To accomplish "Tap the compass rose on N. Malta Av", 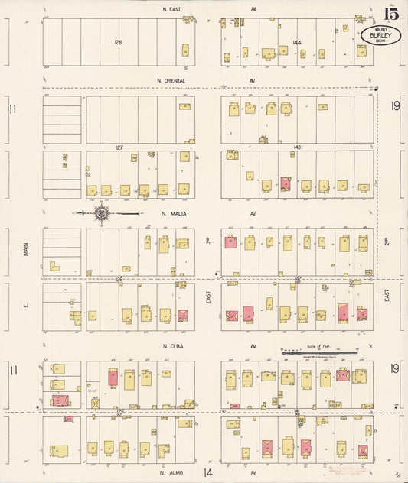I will coord(101,213).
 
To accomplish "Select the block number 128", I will coord(118,42).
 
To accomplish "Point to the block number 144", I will coord(296,43).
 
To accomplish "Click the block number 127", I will coord(119,147).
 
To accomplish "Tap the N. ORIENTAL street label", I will coord(170,79).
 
